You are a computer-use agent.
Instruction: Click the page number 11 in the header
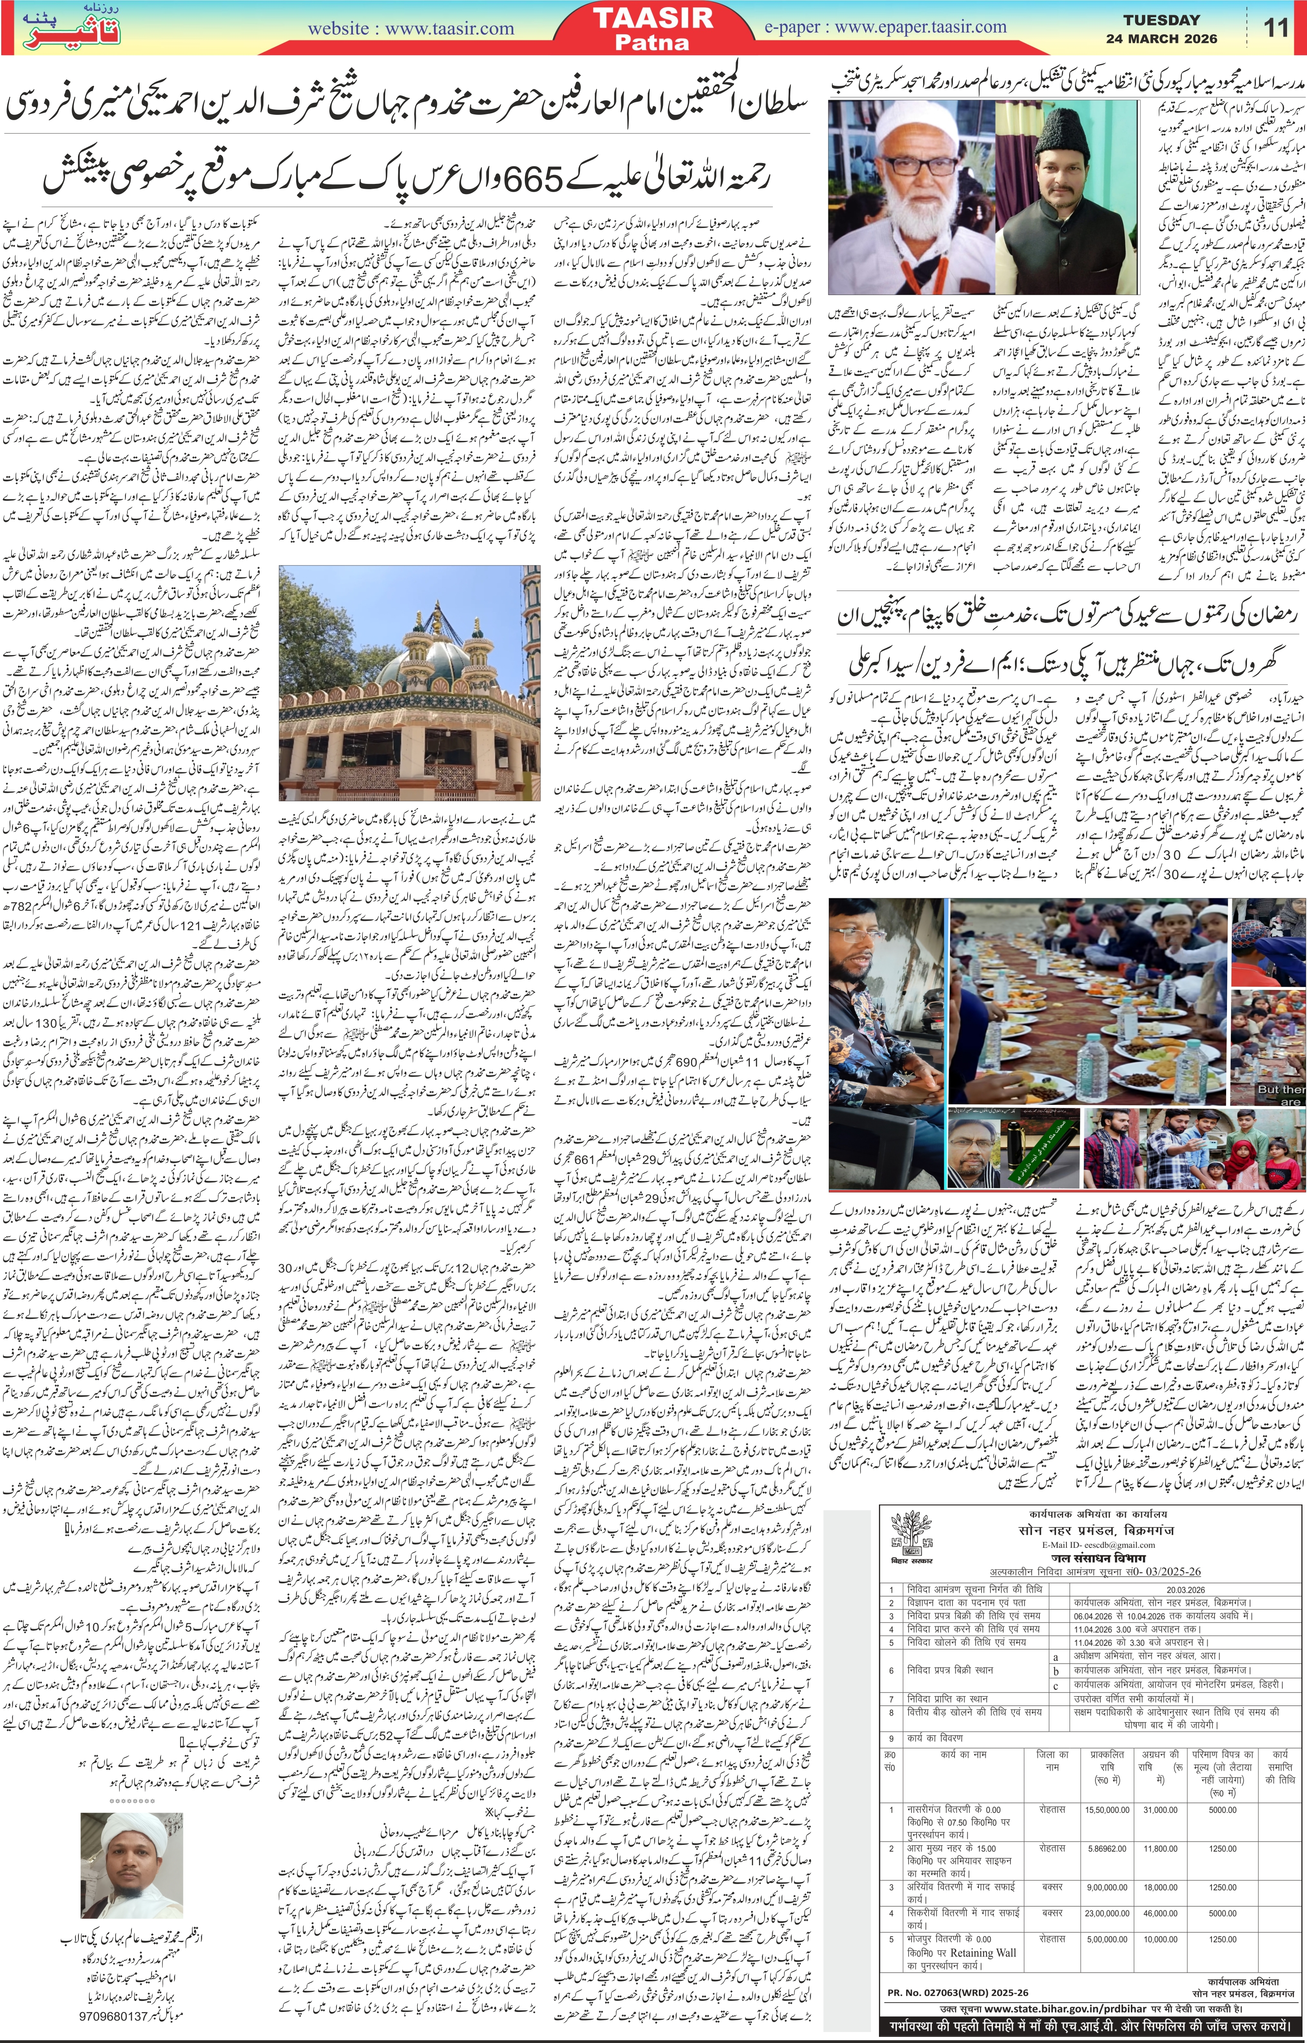[1276, 28]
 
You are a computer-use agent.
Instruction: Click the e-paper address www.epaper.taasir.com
[921, 26]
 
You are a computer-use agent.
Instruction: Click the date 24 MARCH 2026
[1161, 38]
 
